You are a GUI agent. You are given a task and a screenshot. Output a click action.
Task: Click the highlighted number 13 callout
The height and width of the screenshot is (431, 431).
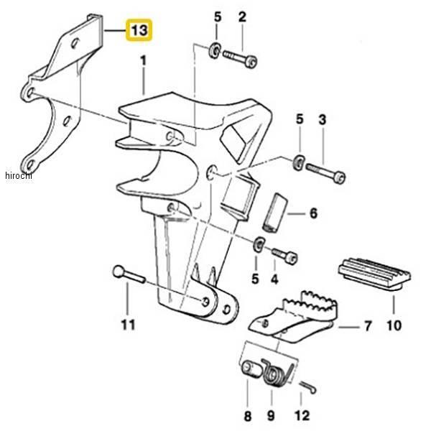click(x=139, y=30)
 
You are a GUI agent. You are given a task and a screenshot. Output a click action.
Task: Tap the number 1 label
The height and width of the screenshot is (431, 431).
click(x=144, y=61)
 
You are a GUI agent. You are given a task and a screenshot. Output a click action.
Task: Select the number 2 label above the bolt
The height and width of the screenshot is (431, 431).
click(x=242, y=17)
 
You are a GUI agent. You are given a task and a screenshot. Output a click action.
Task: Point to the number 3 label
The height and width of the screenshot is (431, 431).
click(x=322, y=119)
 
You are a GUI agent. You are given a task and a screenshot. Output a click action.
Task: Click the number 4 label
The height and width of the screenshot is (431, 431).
click(x=274, y=279)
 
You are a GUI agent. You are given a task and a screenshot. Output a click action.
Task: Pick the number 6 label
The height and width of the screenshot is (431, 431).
click(x=313, y=213)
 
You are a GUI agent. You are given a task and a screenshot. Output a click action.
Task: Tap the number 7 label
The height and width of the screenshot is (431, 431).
click(x=368, y=326)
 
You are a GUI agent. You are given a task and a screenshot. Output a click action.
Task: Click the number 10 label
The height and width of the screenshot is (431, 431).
click(x=394, y=325)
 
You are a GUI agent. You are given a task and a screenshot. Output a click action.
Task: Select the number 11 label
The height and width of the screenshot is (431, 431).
click(x=128, y=325)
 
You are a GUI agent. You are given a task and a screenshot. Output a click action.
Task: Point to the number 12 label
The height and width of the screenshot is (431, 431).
click(x=302, y=415)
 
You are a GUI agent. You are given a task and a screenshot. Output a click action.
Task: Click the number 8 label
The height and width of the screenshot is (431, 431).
click(x=247, y=416)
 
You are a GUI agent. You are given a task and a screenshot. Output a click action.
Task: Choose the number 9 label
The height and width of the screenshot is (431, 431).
click(x=271, y=416)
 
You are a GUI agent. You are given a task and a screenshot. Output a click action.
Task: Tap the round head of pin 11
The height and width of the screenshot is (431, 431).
click(x=119, y=272)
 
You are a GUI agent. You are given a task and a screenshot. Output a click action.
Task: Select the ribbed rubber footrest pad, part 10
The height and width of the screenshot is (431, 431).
click(x=374, y=274)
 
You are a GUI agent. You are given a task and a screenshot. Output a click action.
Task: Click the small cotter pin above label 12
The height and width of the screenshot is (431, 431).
click(x=308, y=386)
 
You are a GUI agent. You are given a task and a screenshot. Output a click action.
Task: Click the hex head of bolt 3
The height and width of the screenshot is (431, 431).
click(x=340, y=177)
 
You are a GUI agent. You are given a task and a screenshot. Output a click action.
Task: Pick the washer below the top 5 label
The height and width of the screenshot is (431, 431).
click(x=215, y=50)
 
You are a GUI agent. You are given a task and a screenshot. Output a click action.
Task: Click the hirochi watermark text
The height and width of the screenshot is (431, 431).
click(x=19, y=175)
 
